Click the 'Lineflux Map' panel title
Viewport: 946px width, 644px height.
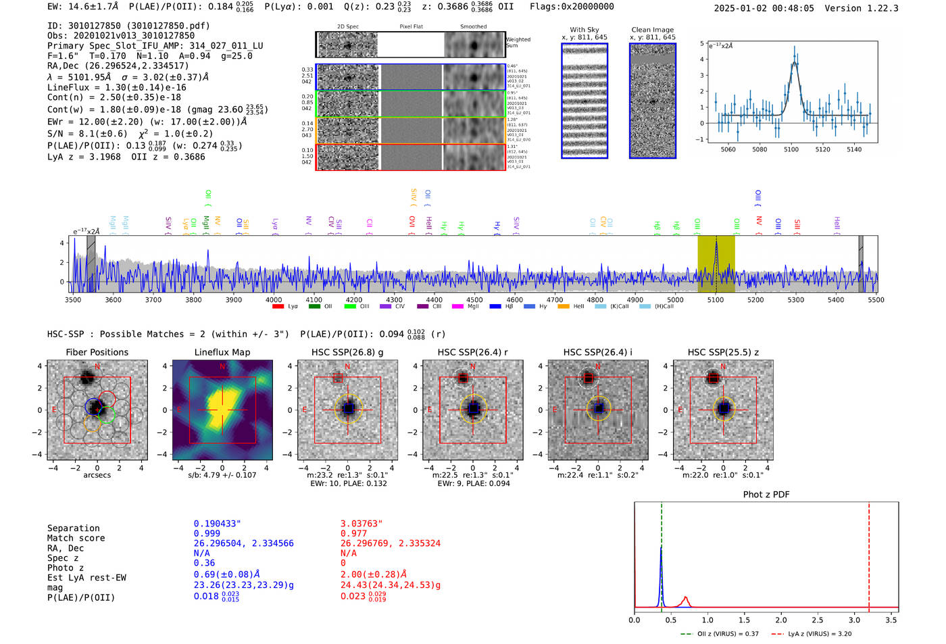[x=222, y=352]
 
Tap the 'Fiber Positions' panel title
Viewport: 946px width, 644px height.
[x=97, y=352]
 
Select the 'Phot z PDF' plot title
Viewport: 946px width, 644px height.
[x=766, y=495]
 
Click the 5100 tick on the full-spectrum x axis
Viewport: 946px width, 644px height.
[x=715, y=300]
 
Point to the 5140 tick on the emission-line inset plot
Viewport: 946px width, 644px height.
[x=854, y=149]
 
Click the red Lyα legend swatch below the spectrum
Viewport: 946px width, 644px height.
[x=278, y=307]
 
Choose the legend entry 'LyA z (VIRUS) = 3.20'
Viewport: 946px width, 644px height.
[x=812, y=634]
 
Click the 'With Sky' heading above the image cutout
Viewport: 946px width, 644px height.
[x=584, y=30]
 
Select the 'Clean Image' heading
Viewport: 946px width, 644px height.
[x=652, y=30]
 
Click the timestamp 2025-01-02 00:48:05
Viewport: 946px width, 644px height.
[x=764, y=9]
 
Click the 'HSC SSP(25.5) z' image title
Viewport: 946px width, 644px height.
[x=723, y=352]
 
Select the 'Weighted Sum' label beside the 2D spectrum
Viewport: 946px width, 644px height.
[x=518, y=43]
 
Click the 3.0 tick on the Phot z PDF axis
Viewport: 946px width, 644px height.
[x=854, y=620]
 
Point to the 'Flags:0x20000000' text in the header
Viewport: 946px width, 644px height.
[x=572, y=7]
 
